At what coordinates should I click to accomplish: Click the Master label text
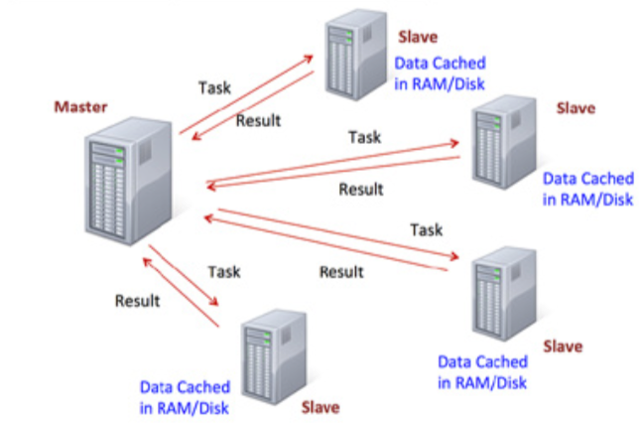(x=79, y=105)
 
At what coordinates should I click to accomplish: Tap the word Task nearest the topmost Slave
(x=215, y=87)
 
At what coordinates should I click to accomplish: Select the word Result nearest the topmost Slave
(x=258, y=120)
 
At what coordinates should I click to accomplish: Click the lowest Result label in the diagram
(x=138, y=300)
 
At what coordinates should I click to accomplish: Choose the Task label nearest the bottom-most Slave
(x=224, y=270)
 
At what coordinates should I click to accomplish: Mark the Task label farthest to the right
(x=427, y=229)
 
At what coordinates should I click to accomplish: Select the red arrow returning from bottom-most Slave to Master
(x=180, y=291)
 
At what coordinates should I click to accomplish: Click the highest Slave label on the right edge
(x=577, y=107)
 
